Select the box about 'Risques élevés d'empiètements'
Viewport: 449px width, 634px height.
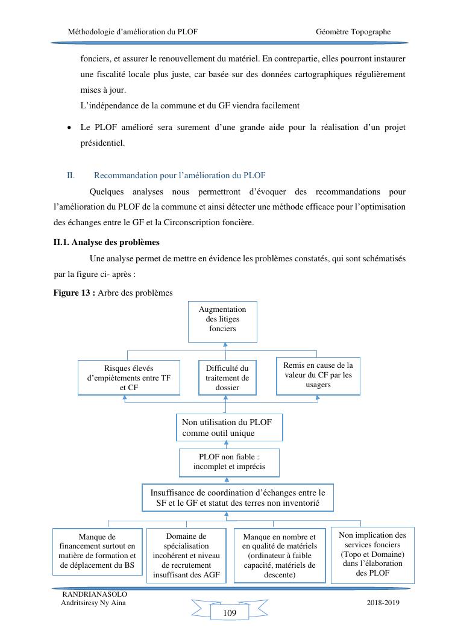[129, 378]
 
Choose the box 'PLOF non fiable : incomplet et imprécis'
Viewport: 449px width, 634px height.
[228, 462]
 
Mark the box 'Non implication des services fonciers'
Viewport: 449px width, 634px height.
[372, 554]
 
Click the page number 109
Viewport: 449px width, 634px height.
[229, 613]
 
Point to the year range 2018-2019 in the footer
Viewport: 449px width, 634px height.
[383, 603]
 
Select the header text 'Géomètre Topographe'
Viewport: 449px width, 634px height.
[353, 31]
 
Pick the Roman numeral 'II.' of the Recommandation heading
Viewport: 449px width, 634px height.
[71, 176]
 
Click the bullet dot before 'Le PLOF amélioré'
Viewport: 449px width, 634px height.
[70, 129]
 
